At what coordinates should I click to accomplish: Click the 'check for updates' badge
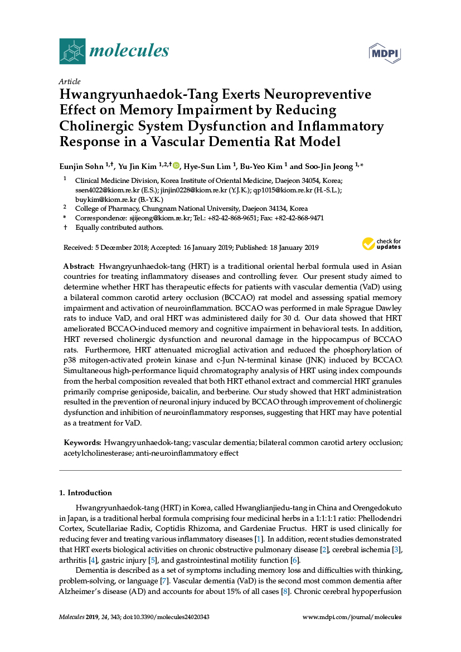pyautogui.click(x=382, y=244)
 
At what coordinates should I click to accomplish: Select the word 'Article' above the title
pyautogui.click(x=69, y=81)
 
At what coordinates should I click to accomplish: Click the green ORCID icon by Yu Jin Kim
pyautogui.click(x=176, y=165)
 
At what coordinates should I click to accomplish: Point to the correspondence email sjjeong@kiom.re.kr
pyautogui.click(x=160, y=218)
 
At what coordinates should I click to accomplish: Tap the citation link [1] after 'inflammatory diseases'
pyautogui.click(x=258, y=539)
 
